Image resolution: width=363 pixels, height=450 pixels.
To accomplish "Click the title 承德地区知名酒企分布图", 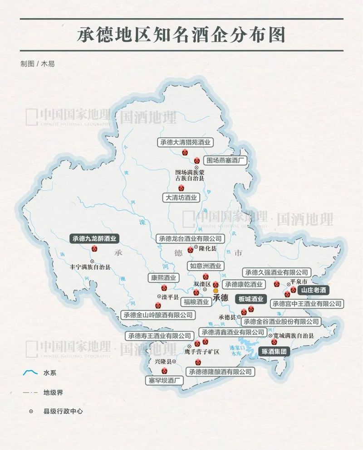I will click(x=181, y=35).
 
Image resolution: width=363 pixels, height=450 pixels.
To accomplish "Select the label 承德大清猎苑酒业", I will click(x=186, y=142).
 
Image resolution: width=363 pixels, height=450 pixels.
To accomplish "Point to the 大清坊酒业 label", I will click(x=181, y=198).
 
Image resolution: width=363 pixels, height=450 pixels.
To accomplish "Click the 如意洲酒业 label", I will click(x=206, y=266).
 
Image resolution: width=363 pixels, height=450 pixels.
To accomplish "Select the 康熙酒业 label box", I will click(x=163, y=278).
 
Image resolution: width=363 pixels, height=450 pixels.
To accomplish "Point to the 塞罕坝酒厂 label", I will click(x=164, y=380).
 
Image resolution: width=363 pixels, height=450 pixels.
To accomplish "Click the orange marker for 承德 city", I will click(x=216, y=291).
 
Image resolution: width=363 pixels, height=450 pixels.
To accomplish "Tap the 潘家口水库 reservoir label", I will click(x=237, y=349).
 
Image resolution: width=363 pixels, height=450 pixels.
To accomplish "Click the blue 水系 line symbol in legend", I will click(x=30, y=373).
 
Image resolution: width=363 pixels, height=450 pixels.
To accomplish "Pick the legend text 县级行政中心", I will click(x=63, y=411).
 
